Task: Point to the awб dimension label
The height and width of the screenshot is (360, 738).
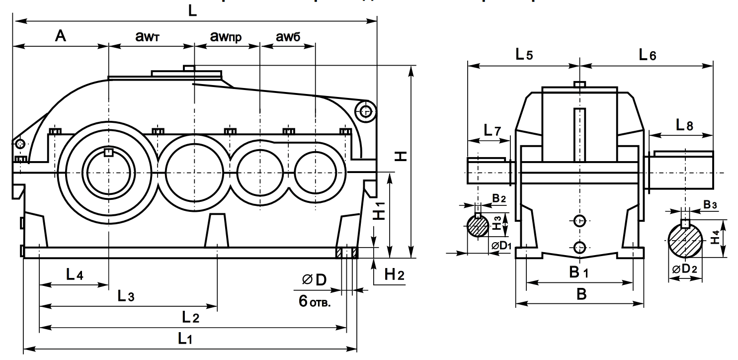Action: pyautogui.click(x=287, y=36)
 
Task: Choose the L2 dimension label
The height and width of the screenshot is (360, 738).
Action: pyautogui.click(x=190, y=317)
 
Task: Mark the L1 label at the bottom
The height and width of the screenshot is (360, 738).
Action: pyautogui.click(x=185, y=339)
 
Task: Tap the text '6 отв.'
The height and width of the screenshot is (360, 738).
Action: pyautogui.click(x=315, y=300)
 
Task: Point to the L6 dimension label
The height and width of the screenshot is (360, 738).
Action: pyautogui.click(x=648, y=55)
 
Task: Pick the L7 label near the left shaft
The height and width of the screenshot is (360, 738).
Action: pyautogui.click(x=492, y=131)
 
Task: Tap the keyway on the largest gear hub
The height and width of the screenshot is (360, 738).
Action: pyautogui.click(x=108, y=152)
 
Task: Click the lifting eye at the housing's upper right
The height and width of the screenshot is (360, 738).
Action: pyautogui.click(x=366, y=111)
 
